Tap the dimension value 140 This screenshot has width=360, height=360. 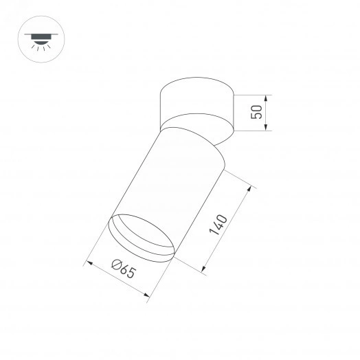point(219,226)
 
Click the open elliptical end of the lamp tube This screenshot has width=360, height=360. point(141,237)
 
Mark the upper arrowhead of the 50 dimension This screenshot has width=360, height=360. point(267,97)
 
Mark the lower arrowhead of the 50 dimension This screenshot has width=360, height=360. point(267,128)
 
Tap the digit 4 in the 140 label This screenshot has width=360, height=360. point(219,226)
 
